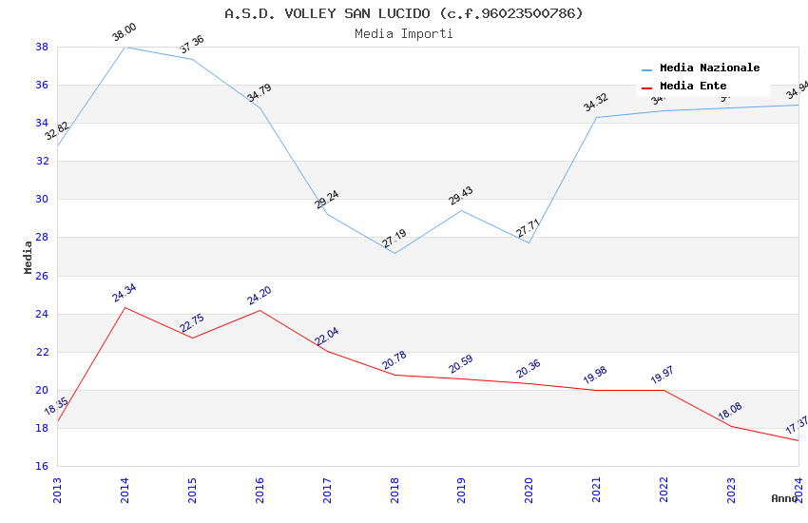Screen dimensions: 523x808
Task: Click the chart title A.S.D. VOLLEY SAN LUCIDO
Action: pos(404,13)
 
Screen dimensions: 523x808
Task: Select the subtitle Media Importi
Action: pos(404,33)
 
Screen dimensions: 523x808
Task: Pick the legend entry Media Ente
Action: pos(693,86)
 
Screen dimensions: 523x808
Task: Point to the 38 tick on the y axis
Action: pos(42,47)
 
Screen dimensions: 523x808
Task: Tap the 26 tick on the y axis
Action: pos(42,276)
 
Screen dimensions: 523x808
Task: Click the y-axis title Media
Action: pos(29,257)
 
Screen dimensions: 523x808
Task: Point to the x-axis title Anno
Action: pos(784,498)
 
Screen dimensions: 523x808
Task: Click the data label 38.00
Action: pos(125,33)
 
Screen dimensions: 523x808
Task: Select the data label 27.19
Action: pos(394,239)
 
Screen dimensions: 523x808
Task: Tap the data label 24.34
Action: pos(125,293)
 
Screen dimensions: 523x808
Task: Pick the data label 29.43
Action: pos(461,196)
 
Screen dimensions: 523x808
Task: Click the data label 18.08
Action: pos(730,411)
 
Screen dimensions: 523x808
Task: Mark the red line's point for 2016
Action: pos(260,310)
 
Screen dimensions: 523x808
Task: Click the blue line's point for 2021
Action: pos(596,117)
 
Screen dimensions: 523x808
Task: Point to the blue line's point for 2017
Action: pos(327,214)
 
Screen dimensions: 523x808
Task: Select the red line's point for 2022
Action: pos(664,390)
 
